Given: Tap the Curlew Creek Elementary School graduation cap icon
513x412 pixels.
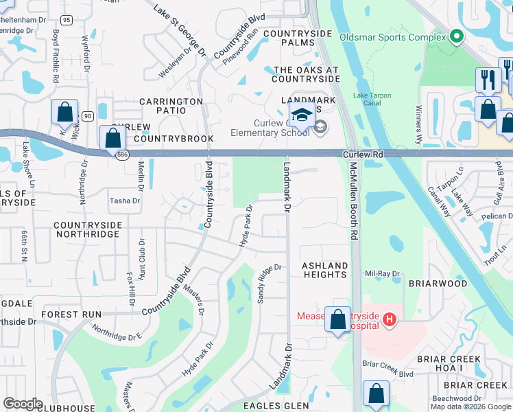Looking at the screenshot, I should pyautogui.click(x=301, y=115).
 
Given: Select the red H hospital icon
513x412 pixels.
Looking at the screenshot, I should pyautogui.click(x=389, y=319).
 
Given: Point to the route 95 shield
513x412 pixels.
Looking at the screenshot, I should pyautogui.click(x=66, y=20).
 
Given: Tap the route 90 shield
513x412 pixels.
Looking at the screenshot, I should pyautogui.click(x=87, y=117).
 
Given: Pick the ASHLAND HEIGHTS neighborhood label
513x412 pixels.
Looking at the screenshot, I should pyautogui.click(x=325, y=270).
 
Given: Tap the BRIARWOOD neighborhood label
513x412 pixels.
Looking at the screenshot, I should pyautogui.click(x=438, y=283).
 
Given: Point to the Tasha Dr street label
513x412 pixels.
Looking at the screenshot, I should pyautogui.click(x=125, y=201).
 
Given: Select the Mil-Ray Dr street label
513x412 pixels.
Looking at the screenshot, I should pyautogui.click(x=382, y=274).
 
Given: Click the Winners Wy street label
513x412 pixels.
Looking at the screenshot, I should pyautogui.click(x=418, y=124).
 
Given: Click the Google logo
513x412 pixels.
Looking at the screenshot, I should pyautogui.click(x=23, y=404).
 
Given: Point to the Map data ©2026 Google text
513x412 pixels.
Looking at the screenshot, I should pyautogui.click(x=470, y=407).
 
